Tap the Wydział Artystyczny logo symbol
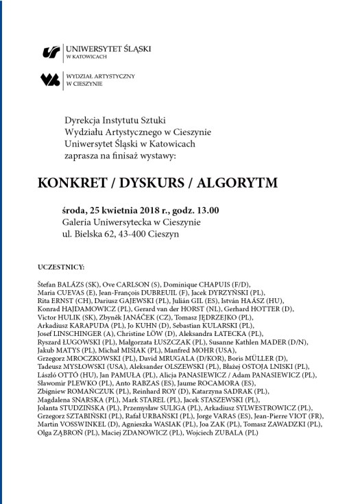click(x=50, y=80)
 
